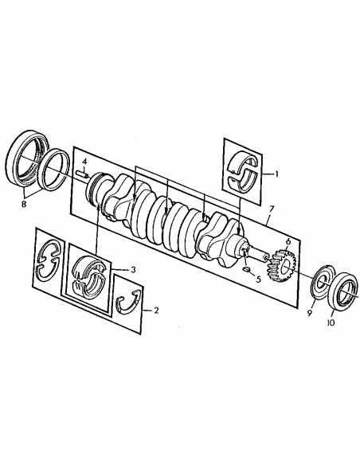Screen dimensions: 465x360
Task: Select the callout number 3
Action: pyautogui.click(x=133, y=270)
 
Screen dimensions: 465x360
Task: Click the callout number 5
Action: pyautogui.click(x=260, y=279)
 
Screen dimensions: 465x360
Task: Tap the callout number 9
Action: pyautogui.click(x=311, y=313)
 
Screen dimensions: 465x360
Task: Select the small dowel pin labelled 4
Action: pyautogui.click(x=81, y=172)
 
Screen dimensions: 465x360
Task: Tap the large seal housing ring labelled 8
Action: pyautogui.click(x=26, y=158)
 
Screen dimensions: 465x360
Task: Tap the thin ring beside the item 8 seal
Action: pyautogui.click(x=55, y=169)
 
